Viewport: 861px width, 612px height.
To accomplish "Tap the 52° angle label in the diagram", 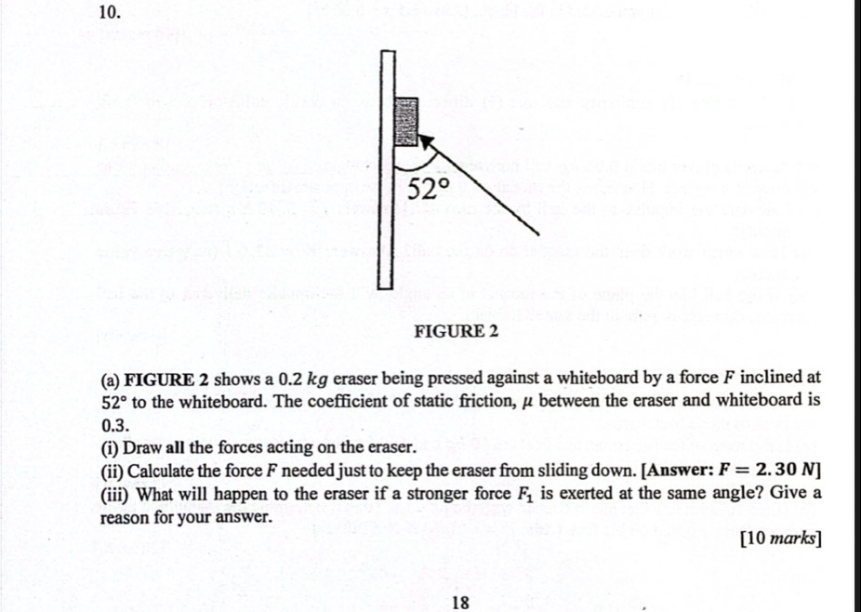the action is click(429, 190).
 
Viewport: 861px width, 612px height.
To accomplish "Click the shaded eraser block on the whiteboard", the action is click(406, 122).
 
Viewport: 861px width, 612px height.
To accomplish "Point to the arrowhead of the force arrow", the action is click(426, 141).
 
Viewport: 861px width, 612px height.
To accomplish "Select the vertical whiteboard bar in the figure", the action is click(387, 169).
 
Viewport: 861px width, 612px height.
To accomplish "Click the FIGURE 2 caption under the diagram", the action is click(456, 331).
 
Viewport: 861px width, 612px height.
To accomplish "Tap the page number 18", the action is click(460, 603).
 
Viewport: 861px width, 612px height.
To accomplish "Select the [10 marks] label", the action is click(780, 539).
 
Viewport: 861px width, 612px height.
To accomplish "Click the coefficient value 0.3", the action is click(116, 425).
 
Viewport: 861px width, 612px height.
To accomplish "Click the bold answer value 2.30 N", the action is click(787, 470).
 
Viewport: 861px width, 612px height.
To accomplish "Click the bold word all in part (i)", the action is click(176, 447).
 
